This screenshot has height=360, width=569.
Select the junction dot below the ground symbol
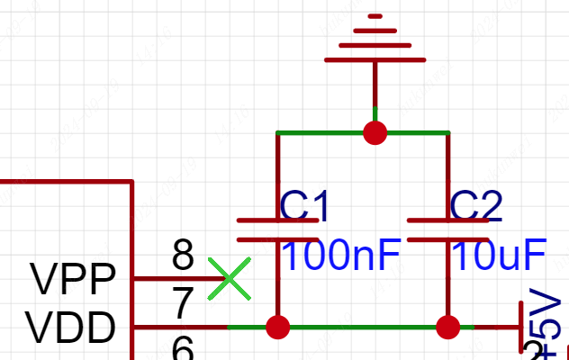[375, 133]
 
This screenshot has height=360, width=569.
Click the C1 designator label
[305, 206]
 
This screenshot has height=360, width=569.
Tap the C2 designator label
[474, 206]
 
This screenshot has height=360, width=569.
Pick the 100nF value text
[340, 258]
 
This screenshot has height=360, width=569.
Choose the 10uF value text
[498, 258]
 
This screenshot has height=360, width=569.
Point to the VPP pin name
[74, 280]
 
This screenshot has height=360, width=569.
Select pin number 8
[183, 256]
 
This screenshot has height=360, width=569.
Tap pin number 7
[183, 304]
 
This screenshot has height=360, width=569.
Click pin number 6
[183, 347]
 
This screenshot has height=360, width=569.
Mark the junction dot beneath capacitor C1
[278, 327]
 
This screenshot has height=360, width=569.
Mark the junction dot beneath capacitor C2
[447, 327]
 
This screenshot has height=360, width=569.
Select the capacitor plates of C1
[277, 229]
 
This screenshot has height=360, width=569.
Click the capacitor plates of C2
[447, 229]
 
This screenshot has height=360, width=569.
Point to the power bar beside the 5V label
[521, 328]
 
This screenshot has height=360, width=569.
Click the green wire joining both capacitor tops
[324, 133]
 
